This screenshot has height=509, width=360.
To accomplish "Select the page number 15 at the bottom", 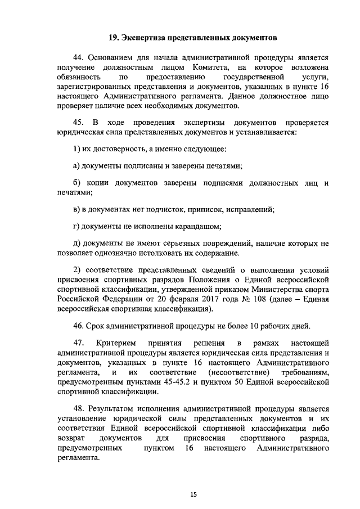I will [192, 494].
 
